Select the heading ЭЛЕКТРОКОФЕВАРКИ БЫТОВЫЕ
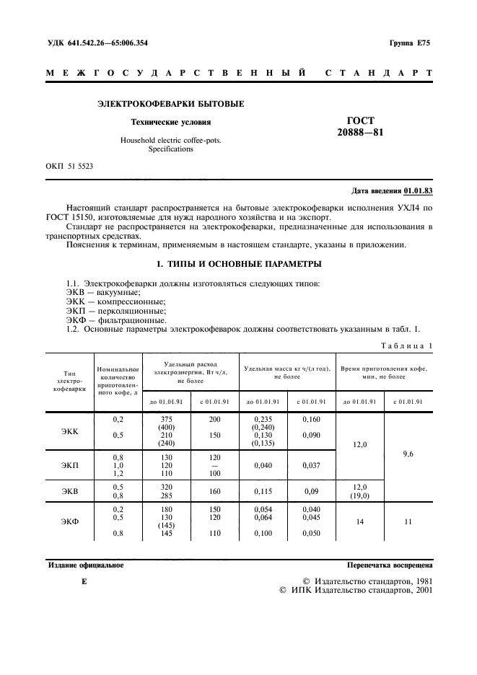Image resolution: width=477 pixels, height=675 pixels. click(170, 104)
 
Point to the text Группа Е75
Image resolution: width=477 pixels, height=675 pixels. click(409, 43)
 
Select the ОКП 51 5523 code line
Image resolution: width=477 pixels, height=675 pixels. click(69, 166)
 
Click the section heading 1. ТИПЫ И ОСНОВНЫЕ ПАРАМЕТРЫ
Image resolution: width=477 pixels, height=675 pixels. click(239, 264)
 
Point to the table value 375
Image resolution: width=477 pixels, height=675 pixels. click(167, 418)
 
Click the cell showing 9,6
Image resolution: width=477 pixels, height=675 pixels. click(408, 454)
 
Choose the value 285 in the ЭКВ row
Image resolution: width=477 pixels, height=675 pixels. click(167, 495)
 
